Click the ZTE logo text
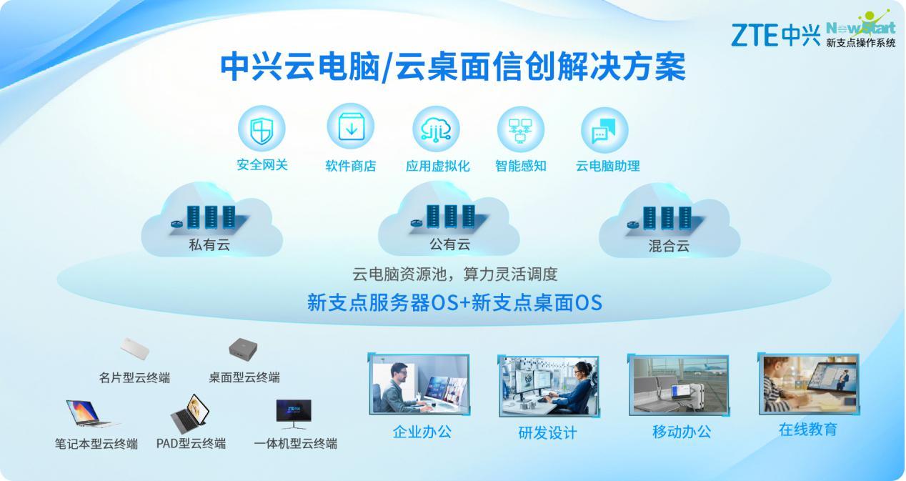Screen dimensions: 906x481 pyautogui.click(x=755, y=35)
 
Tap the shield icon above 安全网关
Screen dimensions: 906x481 pyautogui.click(x=262, y=129)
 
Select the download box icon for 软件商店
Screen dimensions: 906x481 pyautogui.click(x=351, y=127)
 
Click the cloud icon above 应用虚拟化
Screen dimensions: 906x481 pyautogui.click(x=436, y=129)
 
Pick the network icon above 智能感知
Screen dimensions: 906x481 pyautogui.click(x=521, y=130)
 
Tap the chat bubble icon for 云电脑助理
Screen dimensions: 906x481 pyautogui.click(x=604, y=130)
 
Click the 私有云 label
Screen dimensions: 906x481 pyautogui.click(x=209, y=244)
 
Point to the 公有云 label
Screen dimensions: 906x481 pyautogui.click(x=449, y=244)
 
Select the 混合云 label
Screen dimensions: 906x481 pyautogui.click(x=669, y=245)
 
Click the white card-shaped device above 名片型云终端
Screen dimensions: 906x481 pyautogui.click(x=135, y=348)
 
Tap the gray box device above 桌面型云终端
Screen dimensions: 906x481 pyautogui.click(x=243, y=349)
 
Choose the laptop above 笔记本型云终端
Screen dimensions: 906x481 pyautogui.click(x=91, y=413)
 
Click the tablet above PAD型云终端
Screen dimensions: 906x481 pyautogui.click(x=190, y=413)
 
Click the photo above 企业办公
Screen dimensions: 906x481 pyautogui.click(x=419, y=384)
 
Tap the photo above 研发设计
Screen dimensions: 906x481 pyautogui.click(x=549, y=387)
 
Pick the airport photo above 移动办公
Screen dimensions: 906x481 pyautogui.click(x=679, y=385)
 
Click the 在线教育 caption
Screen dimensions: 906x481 pyautogui.click(x=807, y=430)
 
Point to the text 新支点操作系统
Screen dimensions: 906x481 pyautogui.click(x=861, y=42)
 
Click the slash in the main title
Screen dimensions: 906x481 pyautogui.click(x=387, y=68)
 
